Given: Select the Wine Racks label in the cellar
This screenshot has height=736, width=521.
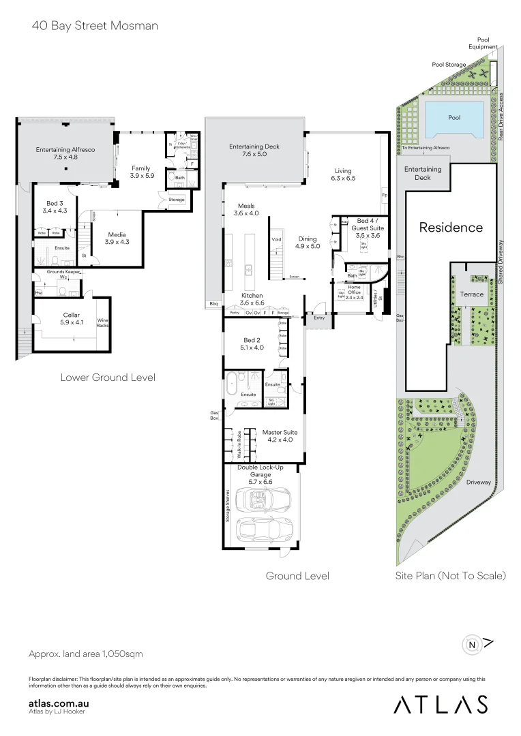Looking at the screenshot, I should [x=103, y=322].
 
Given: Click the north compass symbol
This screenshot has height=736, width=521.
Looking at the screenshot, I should [x=471, y=643].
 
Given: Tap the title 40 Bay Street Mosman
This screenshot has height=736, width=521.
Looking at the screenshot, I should [x=94, y=26].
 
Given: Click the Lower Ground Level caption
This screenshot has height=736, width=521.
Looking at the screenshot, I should [x=108, y=377].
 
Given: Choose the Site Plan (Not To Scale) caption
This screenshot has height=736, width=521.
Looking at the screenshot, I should [x=451, y=576].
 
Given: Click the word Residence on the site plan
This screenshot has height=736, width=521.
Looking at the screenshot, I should [x=451, y=228].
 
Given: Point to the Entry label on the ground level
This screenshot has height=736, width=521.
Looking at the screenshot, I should [x=319, y=318].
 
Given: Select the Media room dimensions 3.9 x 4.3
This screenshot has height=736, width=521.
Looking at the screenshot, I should [x=117, y=242].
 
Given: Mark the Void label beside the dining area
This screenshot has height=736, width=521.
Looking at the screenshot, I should [x=276, y=240].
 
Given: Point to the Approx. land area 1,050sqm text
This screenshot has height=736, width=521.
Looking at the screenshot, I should [x=86, y=654].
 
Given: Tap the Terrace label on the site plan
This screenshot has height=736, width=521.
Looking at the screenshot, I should [x=471, y=294].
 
